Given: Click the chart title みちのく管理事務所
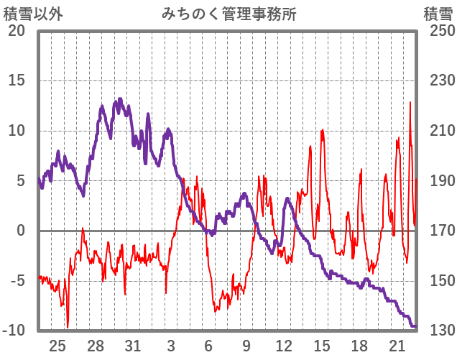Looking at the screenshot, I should [228, 14].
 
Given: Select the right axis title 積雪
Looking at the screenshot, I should [438, 14].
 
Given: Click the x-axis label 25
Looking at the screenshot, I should [57, 345].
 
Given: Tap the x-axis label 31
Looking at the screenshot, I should [133, 345].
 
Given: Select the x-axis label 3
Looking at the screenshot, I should [171, 345].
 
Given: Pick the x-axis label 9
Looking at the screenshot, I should [246, 345].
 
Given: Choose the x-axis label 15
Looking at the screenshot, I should [322, 345].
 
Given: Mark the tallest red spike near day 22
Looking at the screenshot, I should [410, 102].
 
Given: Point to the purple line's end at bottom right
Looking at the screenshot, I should [415, 326].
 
